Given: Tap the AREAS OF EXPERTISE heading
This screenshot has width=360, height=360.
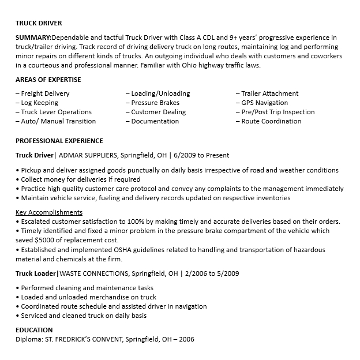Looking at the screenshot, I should (x=48, y=80).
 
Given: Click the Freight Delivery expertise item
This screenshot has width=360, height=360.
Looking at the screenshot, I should (x=44, y=93).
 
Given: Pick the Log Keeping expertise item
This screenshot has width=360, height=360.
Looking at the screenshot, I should (x=39, y=103).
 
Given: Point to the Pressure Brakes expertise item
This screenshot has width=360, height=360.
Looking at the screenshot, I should (x=155, y=103).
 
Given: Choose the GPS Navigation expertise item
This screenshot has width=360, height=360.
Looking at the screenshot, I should (x=264, y=103).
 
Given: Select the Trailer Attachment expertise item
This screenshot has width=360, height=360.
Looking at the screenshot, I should (x=269, y=93).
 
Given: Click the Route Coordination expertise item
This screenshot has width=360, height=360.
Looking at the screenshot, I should (x=271, y=121).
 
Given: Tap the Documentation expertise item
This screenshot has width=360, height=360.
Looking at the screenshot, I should (x=155, y=121).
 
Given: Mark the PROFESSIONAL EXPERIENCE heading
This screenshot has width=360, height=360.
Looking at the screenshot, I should (x=59, y=141).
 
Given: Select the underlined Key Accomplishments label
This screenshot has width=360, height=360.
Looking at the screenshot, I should (x=48, y=212).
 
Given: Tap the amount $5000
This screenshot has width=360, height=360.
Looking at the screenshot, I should (x=44, y=240).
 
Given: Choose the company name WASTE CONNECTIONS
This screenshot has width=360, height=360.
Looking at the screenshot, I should (x=93, y=273).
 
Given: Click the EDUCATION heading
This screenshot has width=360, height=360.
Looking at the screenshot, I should (x=34, y=330).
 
